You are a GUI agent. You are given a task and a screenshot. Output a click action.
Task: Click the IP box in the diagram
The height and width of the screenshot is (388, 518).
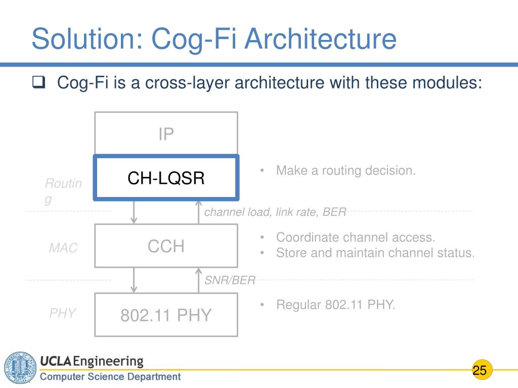[166, 134]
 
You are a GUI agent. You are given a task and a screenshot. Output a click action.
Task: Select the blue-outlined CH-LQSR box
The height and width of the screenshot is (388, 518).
[166, 177]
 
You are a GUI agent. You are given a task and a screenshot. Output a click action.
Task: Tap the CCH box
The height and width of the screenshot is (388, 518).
[166, 246]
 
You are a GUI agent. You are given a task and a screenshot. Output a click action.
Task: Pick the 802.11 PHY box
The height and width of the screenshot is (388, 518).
[166, 315]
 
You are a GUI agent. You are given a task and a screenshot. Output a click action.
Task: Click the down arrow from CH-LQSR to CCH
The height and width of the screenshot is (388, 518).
[134, 211]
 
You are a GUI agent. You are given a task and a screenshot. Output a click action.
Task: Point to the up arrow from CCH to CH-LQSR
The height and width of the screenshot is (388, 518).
[199, 211]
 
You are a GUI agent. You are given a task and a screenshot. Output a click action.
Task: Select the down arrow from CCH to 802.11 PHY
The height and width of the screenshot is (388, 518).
[134, 280]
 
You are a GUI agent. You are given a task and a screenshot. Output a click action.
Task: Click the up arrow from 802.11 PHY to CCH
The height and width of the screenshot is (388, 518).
[199, 280]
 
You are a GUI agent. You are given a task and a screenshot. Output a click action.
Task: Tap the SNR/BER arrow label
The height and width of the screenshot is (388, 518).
[230, 280]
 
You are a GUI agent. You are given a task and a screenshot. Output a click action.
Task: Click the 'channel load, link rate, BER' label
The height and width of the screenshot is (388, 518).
[275, 212]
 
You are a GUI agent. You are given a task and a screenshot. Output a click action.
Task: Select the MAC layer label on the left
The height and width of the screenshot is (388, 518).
[63, 248]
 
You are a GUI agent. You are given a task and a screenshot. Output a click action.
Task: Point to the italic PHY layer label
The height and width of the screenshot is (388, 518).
[63, 313]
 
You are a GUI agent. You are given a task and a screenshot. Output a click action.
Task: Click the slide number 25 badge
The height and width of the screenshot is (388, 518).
[480, 370]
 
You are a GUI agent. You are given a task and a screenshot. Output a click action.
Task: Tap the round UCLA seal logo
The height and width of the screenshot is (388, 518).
[20, 368]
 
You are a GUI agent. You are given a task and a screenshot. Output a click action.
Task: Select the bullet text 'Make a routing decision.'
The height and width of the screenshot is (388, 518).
[346, 171]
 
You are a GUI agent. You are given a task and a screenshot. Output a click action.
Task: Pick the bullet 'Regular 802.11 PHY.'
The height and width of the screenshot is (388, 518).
[335, 305]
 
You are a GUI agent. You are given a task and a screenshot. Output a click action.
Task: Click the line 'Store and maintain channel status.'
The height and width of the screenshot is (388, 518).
[375, 253]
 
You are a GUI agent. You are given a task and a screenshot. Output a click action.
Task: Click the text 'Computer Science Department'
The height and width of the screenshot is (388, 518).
[110, 376]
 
